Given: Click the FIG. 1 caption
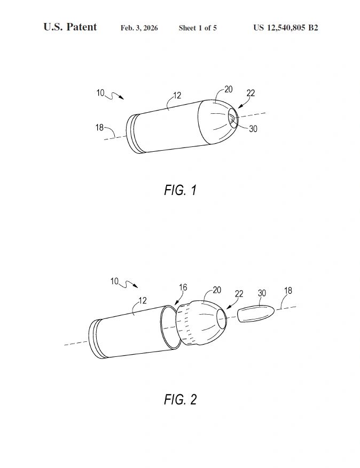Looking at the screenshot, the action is (x=181, y=190).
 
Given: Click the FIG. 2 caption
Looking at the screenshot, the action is (x=181, y=400).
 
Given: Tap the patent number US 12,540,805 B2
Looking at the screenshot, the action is (x=286, y=28).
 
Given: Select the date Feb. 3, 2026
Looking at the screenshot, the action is (x=139, y=28).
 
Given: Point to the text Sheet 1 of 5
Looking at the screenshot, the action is (x=198, y=28).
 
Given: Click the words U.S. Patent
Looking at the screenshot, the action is (x=70, y=27).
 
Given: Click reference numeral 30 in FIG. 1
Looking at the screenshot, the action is (x=253, y=129).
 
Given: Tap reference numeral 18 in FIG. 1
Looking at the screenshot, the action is (x=99, y=128).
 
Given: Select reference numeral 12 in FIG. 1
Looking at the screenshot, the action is (x=177, y=95).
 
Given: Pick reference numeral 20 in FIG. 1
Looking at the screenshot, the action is (x=229, y=89).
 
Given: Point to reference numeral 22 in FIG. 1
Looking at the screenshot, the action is (x=251, y=93).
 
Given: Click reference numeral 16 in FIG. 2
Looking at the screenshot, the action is (x=183, y=287).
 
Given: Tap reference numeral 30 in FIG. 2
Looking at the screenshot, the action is (x=262, y=293).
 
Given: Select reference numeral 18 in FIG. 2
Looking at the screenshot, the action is (x=288, y=291).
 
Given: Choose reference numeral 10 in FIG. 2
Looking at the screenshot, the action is (x=114, y=281).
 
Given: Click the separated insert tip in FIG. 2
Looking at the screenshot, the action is (x=256, y=314).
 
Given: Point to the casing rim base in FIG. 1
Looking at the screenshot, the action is (x=133, y=134).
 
